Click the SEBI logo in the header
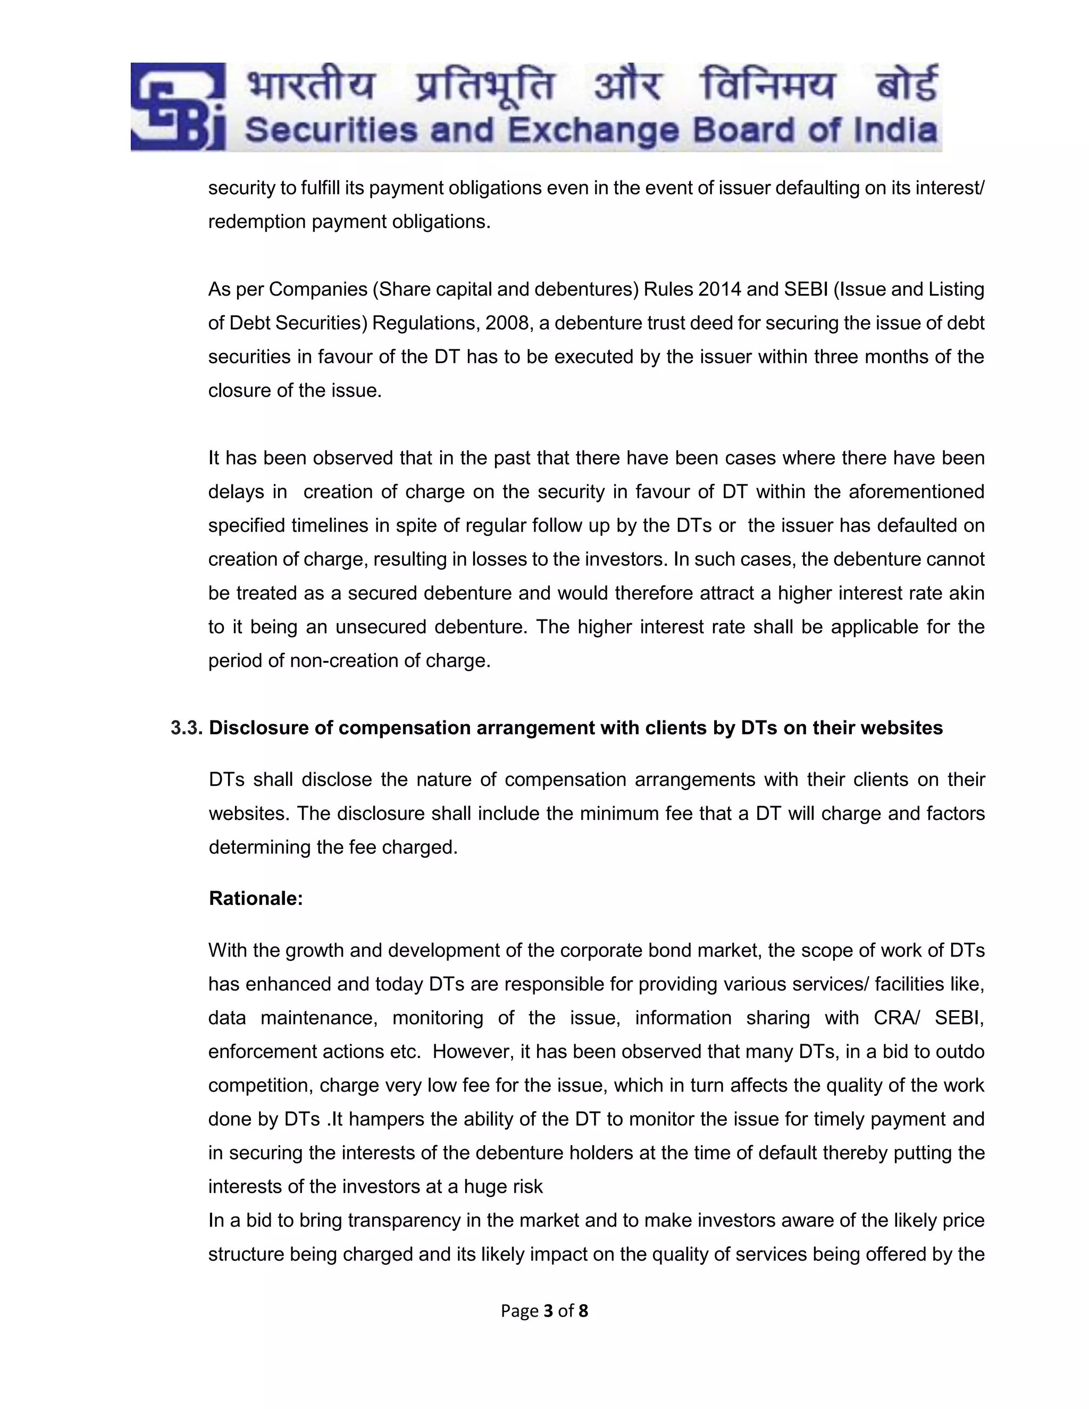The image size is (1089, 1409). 178,107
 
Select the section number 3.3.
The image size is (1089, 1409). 187,728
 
